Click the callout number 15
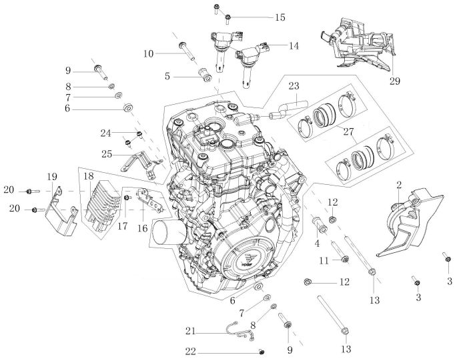tap(280, 17)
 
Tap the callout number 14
tap(294, 45)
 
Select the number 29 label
tap(395, 81)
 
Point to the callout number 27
tap(348, 131)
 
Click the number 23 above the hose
tap(294, 86)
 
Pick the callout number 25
tap(107, 154)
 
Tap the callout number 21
tap(190, 331)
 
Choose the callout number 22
tap(191, 352)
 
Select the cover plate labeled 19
tap(61, 213)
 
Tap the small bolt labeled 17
tap(126, 198)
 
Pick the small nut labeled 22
tap(262, 352)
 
